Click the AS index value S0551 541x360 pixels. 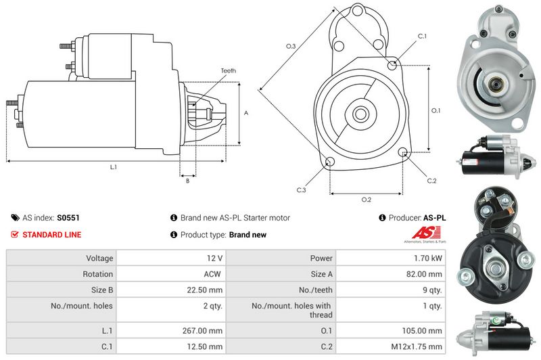pyautogui.click(x=68, y=218)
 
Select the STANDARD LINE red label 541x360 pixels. pyautogui.click(x=51, y=235)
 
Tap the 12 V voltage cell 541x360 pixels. pyautogui.click(x=216, y=258)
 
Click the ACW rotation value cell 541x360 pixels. pyautogui.click(x=212, y=274)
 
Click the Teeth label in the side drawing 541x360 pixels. pyautogui.click(x=228, y=71)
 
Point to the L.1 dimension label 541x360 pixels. pyautogui.click(x=113, y=166)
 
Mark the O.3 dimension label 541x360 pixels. pyautogui.click(x=290, y=46)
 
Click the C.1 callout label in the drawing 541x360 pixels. pyautogui.click(x=421, y=36)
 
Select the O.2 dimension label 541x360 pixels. pyautogui.click(x=366, y=200)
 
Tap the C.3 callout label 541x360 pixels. pyautogui.click(x=302, y=190)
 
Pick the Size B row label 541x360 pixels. pyautogui.click(x=98, y=290)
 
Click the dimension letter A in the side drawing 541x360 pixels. pyautogui.click(x=245, y=112)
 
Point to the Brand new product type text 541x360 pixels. pyautogui.click(x=248, y=235)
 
